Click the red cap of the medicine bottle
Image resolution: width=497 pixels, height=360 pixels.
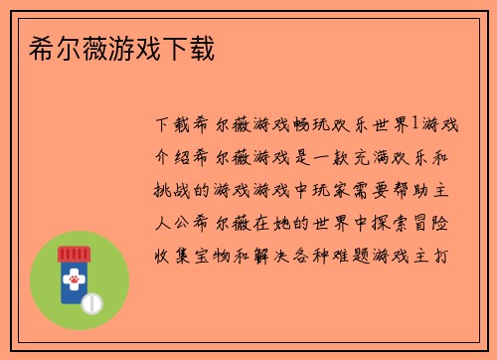point(74,256)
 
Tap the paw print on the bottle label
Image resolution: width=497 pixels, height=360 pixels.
point(74,282)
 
